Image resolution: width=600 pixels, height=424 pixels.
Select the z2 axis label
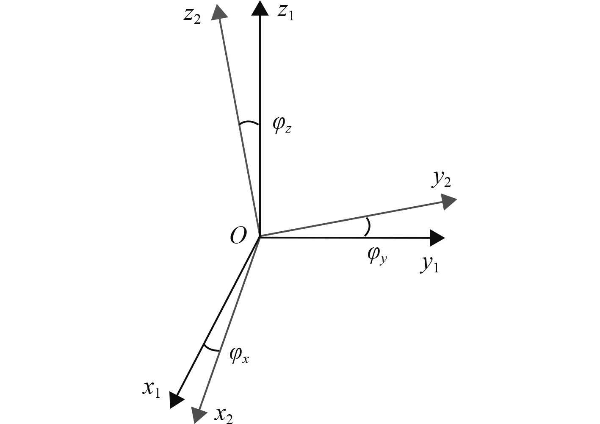click(192, 16)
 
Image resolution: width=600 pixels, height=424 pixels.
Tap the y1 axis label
click(429, 265)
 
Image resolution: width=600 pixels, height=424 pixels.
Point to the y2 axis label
click(441, 180)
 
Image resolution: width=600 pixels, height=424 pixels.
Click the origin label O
click(238, 236)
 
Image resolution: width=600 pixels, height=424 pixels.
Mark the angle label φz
click(282, 125)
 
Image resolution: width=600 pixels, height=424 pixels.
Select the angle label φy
click(377, 255)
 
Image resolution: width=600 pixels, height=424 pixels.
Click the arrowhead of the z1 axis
click(260, 8)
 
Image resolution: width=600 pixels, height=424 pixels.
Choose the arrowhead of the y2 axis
click(448, 201)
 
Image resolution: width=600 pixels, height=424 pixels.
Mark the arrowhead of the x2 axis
click(197, 414)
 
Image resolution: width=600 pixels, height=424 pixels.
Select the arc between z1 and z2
click(249, 123)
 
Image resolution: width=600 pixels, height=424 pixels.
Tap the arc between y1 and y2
click(368, 227)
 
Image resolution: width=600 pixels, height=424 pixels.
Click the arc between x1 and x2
click(211, 348)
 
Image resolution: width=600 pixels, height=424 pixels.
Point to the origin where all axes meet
click(260, 237)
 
